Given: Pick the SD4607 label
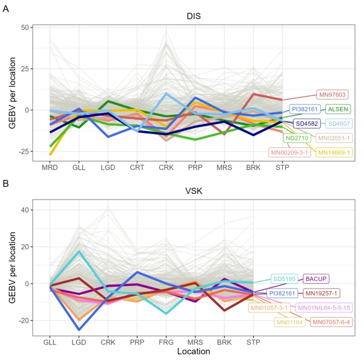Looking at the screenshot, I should [x=339, y=124].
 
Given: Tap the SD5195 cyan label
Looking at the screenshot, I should [x=284, y=279].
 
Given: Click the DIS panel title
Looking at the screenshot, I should [x=194, y=17].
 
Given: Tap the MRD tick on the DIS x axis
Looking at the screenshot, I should [x=49, y=168].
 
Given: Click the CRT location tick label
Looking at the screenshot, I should [x=137, y=168].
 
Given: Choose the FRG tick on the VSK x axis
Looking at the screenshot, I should [x=166, y=342].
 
